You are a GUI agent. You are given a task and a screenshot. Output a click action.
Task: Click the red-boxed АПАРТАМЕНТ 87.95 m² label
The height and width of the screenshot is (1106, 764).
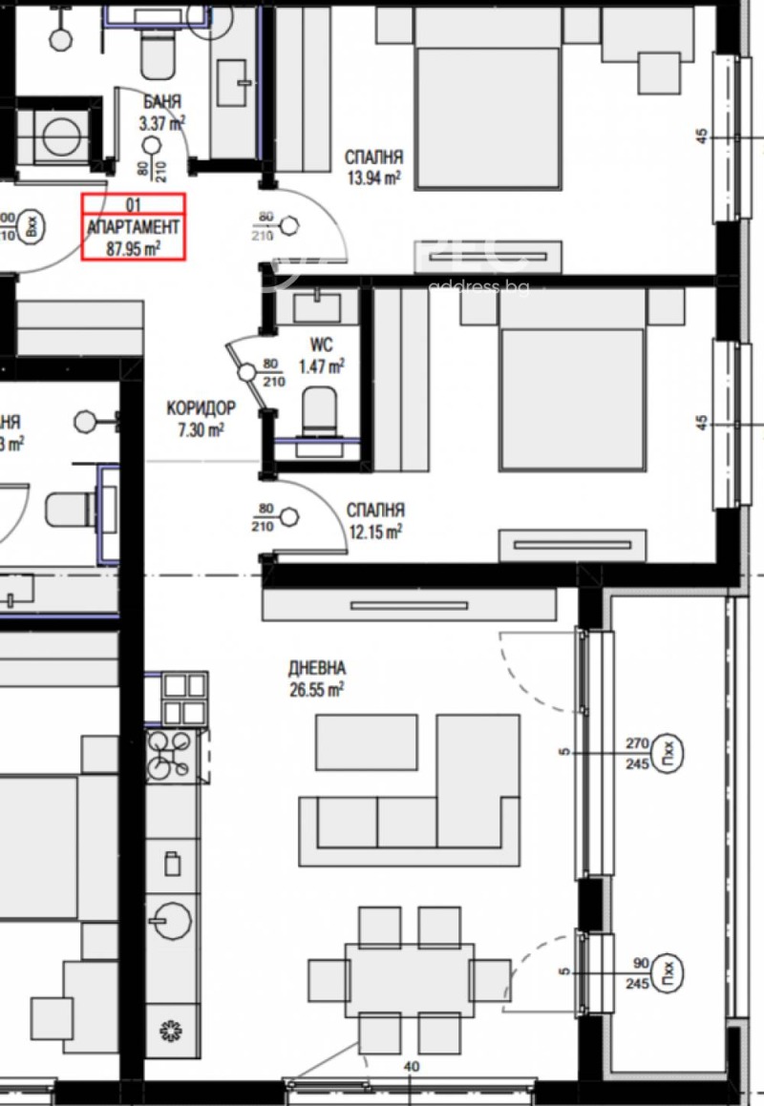pos(133,227)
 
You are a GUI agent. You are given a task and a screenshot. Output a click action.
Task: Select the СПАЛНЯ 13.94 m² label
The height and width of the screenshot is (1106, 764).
pos(372,166)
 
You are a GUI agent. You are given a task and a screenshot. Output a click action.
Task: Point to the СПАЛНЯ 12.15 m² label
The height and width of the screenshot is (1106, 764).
pos(374,521)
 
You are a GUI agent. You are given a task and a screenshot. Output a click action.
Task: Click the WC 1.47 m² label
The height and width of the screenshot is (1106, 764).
pos(321,354)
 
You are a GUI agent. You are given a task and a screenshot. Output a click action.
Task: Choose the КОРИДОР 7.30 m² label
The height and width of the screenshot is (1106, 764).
pos(201,418)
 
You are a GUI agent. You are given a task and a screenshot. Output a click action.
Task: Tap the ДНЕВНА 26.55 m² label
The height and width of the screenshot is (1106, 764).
pos(316,678)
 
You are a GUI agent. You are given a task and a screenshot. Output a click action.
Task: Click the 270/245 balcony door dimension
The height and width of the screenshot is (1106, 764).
pos(638,752)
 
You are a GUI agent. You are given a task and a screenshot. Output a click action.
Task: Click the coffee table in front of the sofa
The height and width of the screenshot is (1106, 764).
pos(367,742)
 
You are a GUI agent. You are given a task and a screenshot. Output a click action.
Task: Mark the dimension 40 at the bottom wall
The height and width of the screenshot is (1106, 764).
pos(411,1068)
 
